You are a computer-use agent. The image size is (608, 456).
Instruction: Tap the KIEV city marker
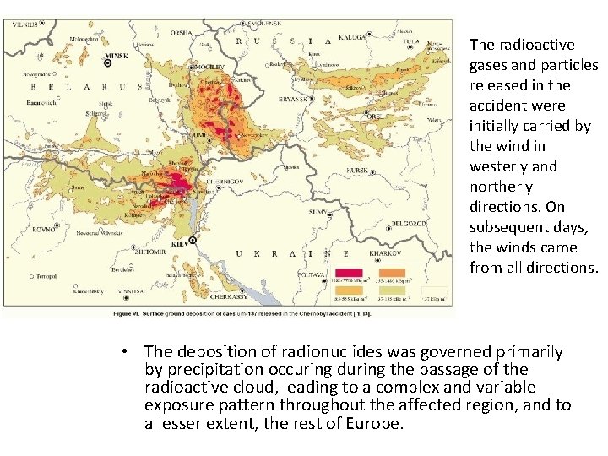pyautogui.click(x=193, y=241)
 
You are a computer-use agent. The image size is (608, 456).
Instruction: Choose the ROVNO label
pyautogui.click(x=43, y=229)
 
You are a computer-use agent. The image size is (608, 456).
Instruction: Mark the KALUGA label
pyautogui.click(x=353, y=36)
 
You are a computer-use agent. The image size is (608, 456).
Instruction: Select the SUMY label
pyautogui.click(x=318, y=211)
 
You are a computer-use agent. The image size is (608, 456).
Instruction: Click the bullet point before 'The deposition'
pyautogui.click(x=123, y=352)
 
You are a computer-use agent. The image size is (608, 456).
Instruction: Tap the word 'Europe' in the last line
pyautogui.click(x=382, y=422)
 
